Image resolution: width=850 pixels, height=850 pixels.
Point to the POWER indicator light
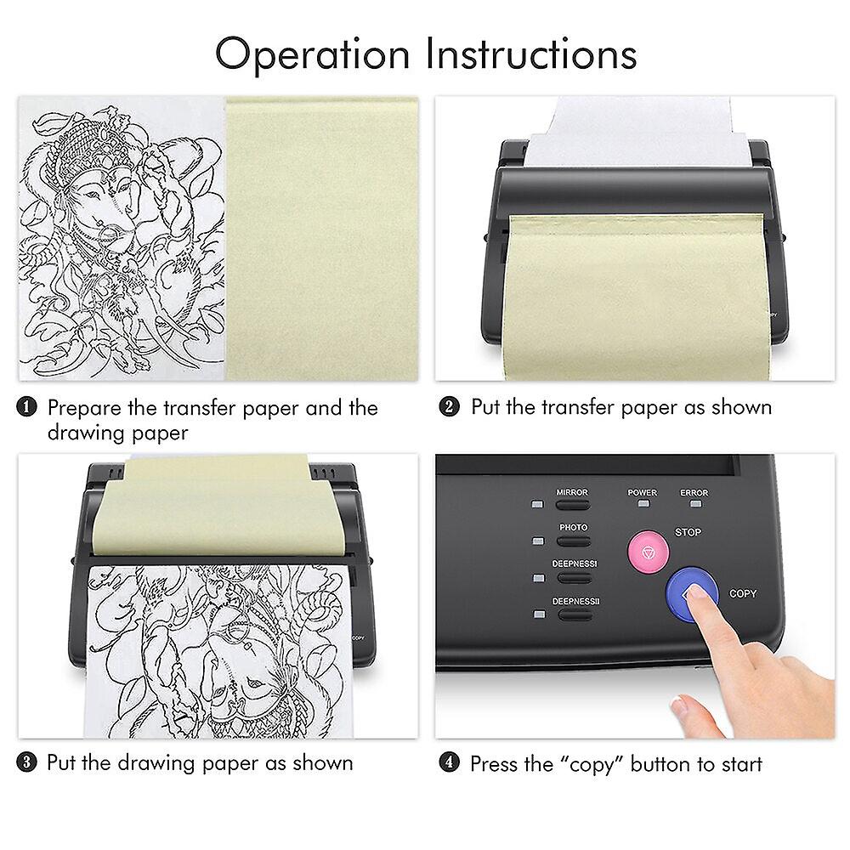(x=643, y=504)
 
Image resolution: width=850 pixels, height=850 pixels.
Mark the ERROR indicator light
(x=694, y=504)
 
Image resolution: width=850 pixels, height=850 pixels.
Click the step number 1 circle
(x=28, y=408)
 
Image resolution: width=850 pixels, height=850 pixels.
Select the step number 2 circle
(x=450, y=408)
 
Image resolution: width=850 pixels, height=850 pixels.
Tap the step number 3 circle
(x=28, y=762)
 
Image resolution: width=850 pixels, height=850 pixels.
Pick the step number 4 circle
(x=450, y=763)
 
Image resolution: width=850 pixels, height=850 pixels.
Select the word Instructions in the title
(x=531, y=54)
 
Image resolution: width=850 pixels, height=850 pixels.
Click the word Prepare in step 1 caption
(x=83, y=409)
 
